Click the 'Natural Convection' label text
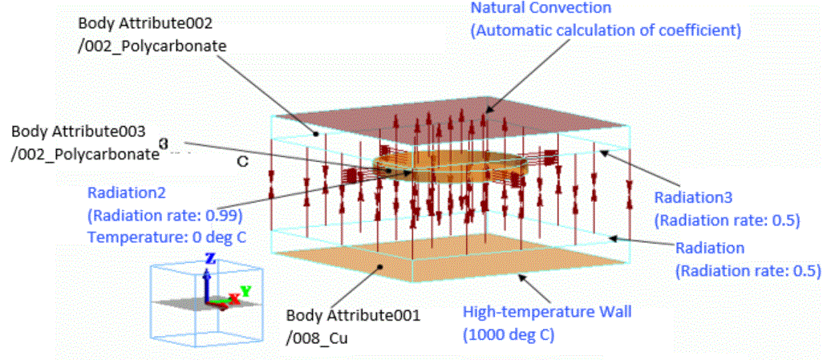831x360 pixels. tap(540, 9)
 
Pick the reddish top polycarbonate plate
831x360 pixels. tap(449, 128)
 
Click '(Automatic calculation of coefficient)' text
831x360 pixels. tap(606, 30)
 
